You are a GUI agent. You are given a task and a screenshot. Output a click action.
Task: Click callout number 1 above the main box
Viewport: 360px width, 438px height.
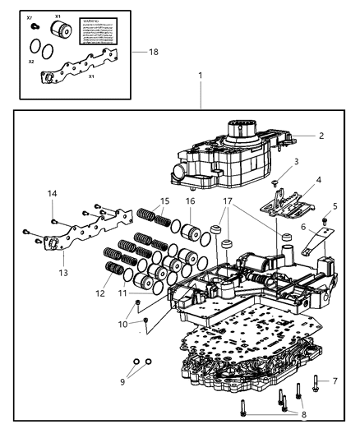[x=200, y=76]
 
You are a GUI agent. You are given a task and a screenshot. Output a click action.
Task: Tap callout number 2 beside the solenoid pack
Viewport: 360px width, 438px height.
[x=321, y=136]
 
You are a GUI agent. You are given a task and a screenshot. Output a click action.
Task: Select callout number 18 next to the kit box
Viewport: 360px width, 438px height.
[x=152, y=51]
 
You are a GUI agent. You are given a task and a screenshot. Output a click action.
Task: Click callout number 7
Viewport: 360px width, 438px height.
[x=335, y=381]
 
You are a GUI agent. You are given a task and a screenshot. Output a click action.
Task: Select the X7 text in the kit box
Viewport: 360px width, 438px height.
[x=30, y=17]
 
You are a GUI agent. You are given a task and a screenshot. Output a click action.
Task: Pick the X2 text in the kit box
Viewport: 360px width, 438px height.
[x=31, y=61]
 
